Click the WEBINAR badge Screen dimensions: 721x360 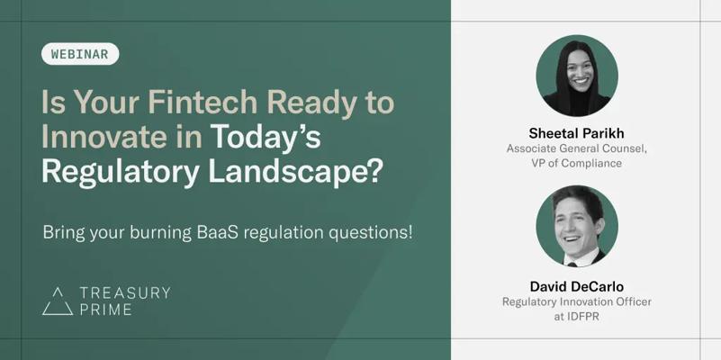pos(80,54)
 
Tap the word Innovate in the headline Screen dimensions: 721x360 pos(104,138)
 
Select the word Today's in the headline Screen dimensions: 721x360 pos(266,138)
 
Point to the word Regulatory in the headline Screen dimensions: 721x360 pos(121,175)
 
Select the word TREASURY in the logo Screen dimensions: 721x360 pos(125,292)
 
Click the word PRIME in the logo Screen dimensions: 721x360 pos(105,310)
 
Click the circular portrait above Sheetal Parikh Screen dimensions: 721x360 pos(577,76)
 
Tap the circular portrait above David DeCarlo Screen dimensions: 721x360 pos(577,226)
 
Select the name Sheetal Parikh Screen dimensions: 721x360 pos(577,133)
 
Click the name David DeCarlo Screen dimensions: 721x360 pos(577,286)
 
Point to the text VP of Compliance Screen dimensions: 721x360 pos(577,163)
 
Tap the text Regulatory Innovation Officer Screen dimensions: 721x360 pos(577,302)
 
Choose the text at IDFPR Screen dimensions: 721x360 pos(577,317)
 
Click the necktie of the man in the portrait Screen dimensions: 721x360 pos(572,265)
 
